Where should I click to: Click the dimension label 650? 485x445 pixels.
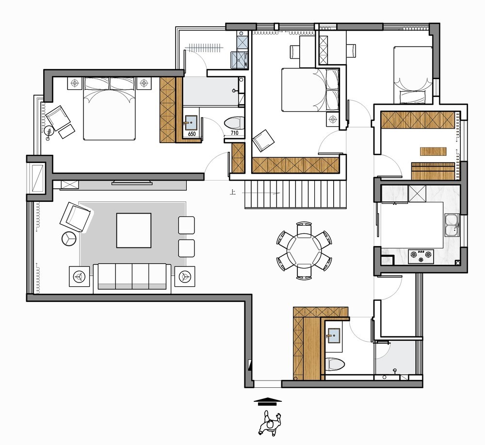click(192, 134)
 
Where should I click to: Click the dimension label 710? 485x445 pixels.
click(234, 133)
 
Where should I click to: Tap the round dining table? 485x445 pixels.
click(304, 250)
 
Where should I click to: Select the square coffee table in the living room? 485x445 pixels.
click(134, 230)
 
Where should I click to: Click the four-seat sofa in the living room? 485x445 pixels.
click(132, 277)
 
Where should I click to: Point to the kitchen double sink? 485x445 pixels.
click(452, 225)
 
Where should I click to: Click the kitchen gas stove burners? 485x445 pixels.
click(420, 255)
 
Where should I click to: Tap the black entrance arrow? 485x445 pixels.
click(268, 401)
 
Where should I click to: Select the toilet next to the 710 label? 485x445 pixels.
click(234, 123)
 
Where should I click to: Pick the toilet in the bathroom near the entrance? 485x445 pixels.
click(335, 364)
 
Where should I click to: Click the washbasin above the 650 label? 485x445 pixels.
click(191, 123)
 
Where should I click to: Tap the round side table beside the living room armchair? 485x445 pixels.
click(69, 239)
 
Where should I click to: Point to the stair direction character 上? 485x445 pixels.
click(232, 193)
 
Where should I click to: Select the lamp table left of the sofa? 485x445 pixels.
click(80, 276)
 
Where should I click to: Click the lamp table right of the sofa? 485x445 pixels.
click(185, 276)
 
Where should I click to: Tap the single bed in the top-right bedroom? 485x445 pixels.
click(413, 75)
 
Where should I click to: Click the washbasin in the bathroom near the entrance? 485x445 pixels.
click(334, 335)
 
